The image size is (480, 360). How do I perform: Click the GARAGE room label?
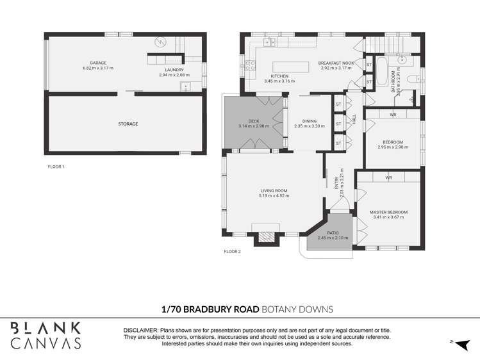coord(97,63)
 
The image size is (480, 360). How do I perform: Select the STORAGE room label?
coord(128,124)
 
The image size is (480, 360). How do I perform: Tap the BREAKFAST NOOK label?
coord(335,63)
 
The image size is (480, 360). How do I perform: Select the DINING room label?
coord(310,121)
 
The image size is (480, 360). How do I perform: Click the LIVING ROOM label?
coord(274,190)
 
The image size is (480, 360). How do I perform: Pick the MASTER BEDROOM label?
coord(388,212)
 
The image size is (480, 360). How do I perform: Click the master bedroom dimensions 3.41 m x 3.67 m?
coord(388,217)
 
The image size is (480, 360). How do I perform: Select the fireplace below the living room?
coord(265,237)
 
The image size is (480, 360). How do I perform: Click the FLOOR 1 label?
coord(56,167)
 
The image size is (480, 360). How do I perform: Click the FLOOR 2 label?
coord(232,252)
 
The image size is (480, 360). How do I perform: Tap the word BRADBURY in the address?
coord(220,309)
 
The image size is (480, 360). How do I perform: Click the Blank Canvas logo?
coord(46,335)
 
